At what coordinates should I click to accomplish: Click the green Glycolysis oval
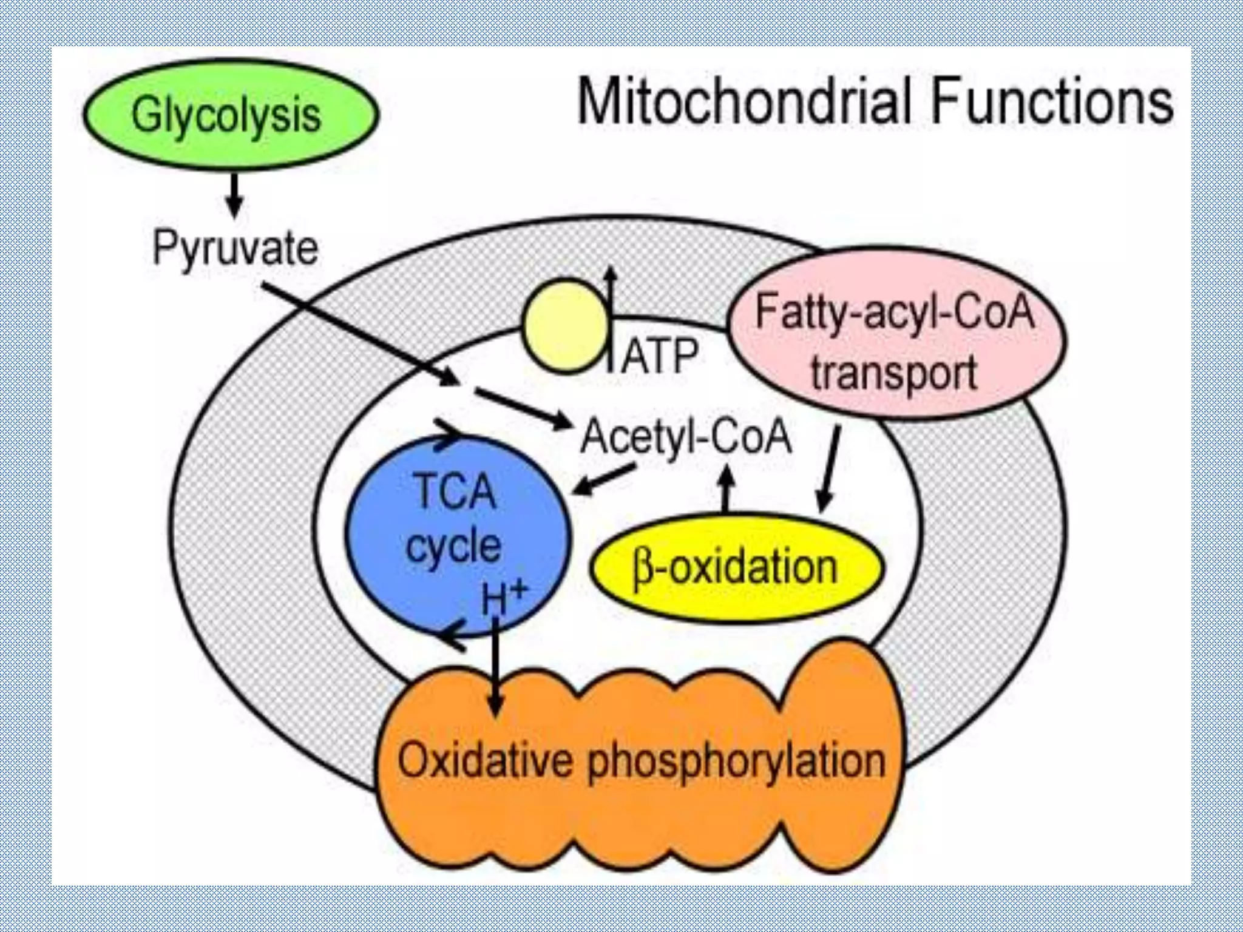231,114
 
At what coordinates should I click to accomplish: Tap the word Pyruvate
235,248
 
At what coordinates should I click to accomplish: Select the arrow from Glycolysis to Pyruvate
234,195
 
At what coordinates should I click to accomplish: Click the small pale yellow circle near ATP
566,325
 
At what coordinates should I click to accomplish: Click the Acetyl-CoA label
686,436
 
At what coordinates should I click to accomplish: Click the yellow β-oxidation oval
736,568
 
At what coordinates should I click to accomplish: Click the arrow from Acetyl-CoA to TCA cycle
604,479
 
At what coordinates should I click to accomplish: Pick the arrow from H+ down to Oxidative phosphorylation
496,667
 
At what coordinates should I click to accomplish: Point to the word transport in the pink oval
894,373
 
